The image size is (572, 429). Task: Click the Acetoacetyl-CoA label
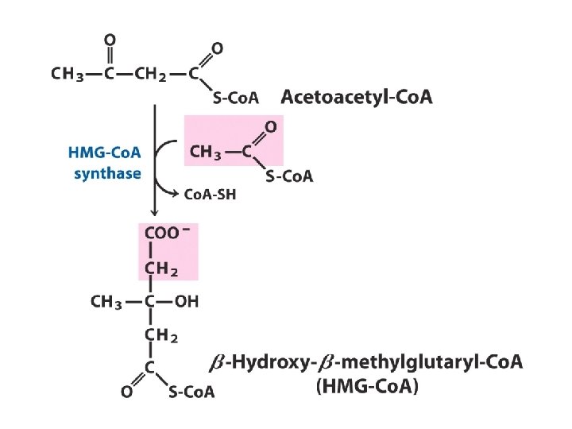pos(357,97)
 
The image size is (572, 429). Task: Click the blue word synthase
pos(107,173)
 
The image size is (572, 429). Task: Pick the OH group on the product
pos(187,301)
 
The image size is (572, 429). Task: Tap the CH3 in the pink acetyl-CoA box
pos(207,153)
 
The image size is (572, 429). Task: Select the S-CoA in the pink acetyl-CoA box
pos(289,176)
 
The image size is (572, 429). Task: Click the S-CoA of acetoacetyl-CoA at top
pos(237,99)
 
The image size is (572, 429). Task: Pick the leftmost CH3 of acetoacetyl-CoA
pos(68,75)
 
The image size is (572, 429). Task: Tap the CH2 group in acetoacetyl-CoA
pos(151,75)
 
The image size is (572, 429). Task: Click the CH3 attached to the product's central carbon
pos(108,301)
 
